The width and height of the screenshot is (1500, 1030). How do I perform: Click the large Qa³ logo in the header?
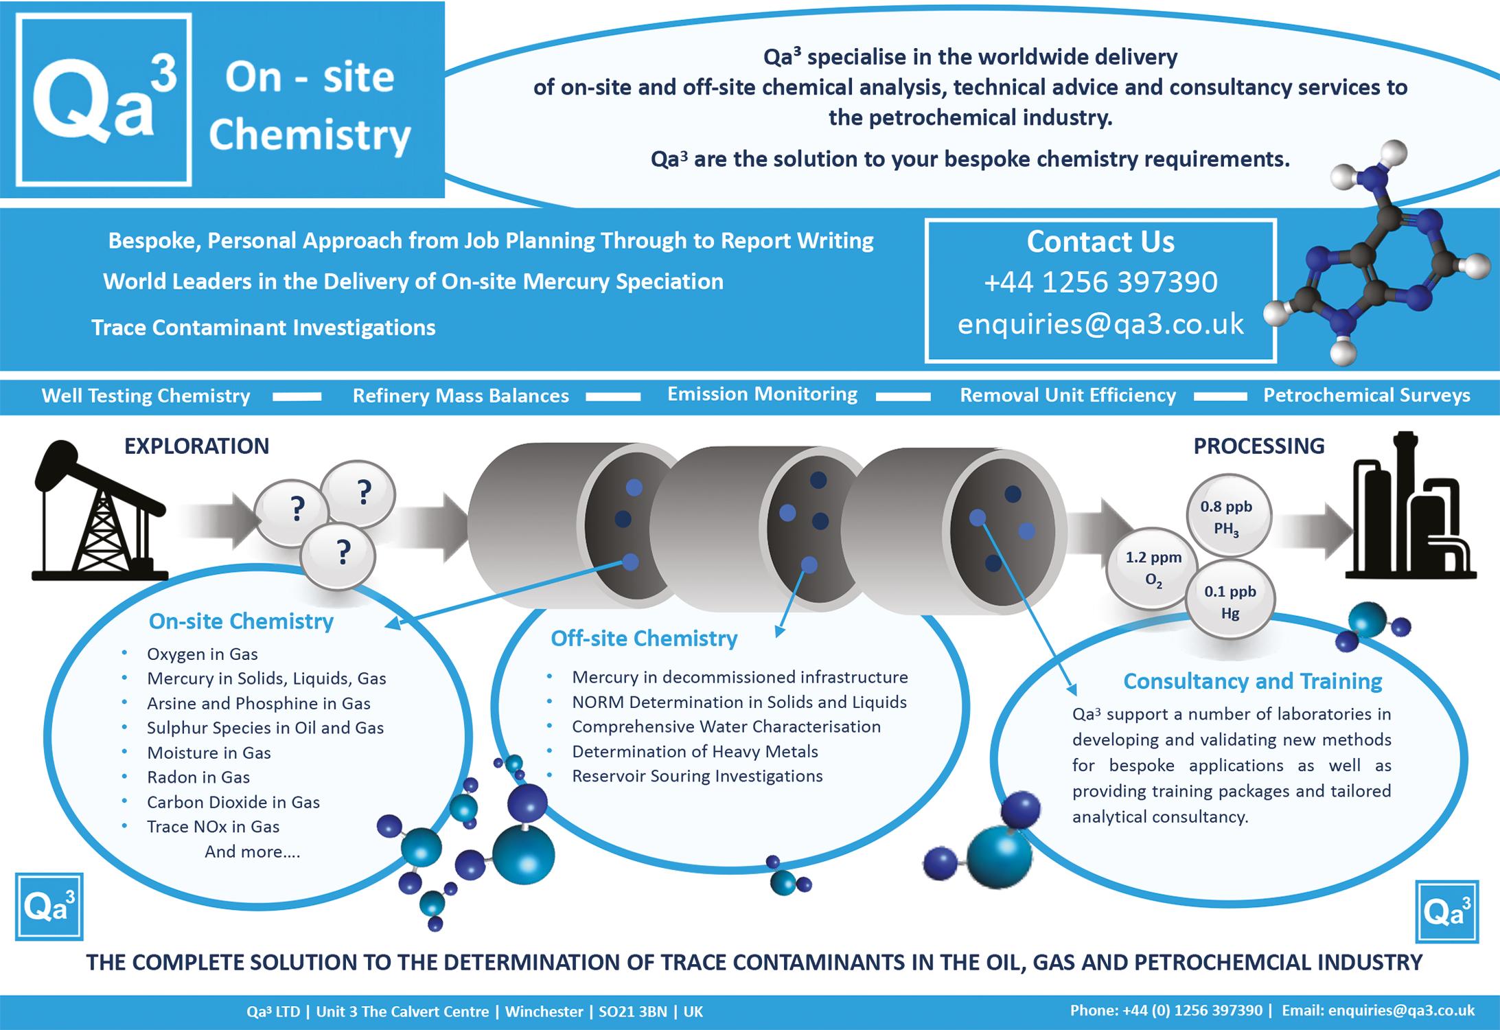[104, 100]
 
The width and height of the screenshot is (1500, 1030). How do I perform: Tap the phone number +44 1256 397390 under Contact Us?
[1100, 282]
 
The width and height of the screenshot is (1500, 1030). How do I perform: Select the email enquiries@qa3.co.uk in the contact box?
[1100, 324]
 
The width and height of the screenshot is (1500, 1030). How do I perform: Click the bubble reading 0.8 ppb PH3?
[1228, 516]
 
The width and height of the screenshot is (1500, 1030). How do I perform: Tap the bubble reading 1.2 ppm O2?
[1153, 568]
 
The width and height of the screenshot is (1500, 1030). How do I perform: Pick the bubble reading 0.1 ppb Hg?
[1230, 601]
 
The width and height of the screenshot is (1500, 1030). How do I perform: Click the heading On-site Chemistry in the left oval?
[241, 621]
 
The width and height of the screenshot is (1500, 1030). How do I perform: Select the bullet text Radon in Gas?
[198, 777]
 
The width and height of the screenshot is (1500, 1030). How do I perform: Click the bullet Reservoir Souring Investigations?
[697, 776]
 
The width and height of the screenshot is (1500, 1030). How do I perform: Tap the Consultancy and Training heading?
[1252, 680]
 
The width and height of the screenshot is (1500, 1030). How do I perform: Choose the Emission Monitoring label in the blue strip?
[762, 394]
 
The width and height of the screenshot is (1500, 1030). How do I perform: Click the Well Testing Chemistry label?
[146, 396]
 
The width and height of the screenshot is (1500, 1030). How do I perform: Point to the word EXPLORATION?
[196, 446]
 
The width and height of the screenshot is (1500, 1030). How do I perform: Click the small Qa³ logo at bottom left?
[49, 906]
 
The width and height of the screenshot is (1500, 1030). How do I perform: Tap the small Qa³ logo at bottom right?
[1446, 911]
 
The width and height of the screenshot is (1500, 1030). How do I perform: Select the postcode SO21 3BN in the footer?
[632, 1011]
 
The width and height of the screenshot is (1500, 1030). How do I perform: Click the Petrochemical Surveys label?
[1366, 396]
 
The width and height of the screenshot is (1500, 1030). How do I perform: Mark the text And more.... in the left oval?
[252, 851]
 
